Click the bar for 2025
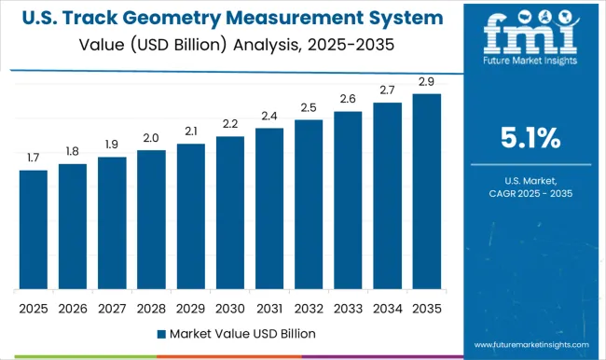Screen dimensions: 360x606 (33, 229)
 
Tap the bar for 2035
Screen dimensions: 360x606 (427, 191)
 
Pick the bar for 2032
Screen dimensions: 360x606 (309, 204)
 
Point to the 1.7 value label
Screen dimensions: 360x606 (33, 159)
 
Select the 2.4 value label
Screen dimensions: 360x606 (269, 117)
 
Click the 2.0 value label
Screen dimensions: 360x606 (151, 139)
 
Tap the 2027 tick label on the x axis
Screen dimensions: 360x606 (112, 309)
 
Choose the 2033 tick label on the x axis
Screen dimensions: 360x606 (348, 309)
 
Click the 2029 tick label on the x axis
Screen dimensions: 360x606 (190, 309)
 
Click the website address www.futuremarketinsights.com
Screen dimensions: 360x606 (529, 343)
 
